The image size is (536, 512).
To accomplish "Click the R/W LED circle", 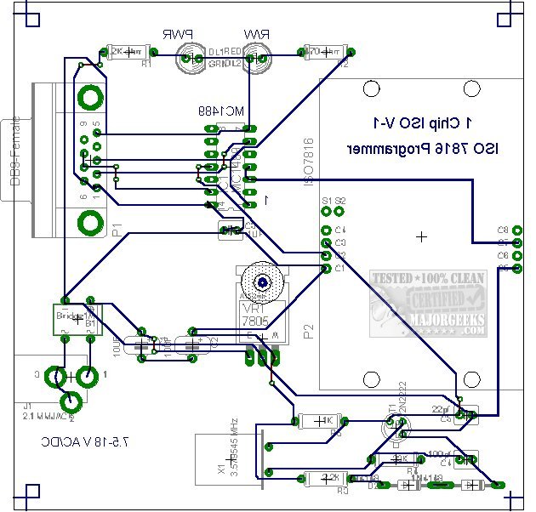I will pyautogui.click(x=257, y=59).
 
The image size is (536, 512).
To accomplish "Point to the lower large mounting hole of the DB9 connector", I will pyautogui.click(x=88, y=225).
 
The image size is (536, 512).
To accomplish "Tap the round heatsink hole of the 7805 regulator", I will pyautogui.click(x=262, y=282).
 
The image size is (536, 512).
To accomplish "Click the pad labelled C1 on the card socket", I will pyautogui.click(x=326, y=269).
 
